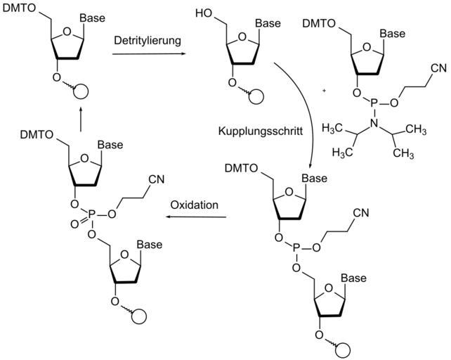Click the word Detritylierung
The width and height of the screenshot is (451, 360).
click(148, 40)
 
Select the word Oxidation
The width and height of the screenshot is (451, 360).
click(194, 205)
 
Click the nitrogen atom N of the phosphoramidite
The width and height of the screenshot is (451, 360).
click(375, 123)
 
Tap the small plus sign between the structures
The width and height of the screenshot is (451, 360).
click(324, 91)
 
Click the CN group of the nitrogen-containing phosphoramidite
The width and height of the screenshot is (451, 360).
click(437, 68)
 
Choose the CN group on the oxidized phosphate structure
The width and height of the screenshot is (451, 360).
click(156, 179)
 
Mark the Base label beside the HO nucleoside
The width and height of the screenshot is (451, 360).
click(267, 24)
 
